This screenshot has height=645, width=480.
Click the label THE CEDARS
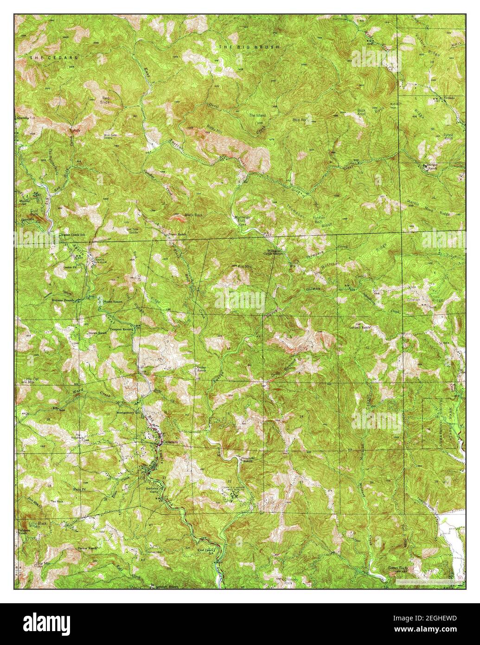click(x=53, y=58)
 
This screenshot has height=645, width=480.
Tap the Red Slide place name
click(x=106, y=101)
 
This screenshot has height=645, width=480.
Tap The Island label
click(x=256, y=115)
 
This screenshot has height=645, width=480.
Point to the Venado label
click(x=450, y=98)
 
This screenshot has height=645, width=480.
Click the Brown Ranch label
click(x=96, y=333)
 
